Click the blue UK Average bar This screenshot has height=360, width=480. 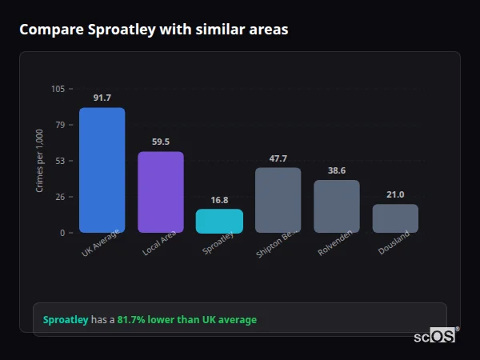tap(102, 170)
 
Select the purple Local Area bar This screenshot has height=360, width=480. tap(160, 192)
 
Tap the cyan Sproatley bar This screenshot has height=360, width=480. tap(219, 221)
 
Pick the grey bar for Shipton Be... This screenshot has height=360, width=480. tap(278, 200)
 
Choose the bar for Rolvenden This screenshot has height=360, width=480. tap(336, 206)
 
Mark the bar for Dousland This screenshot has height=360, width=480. tap(395, 218)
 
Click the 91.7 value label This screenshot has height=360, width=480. tap(102, 98)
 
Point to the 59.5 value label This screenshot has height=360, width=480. tap(160, 142)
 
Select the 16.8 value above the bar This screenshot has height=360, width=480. tap(219, 200)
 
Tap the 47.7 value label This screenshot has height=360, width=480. tap(278, 158)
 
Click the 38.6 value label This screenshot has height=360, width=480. tap(336, 170)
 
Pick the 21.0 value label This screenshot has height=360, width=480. tap(395, 194)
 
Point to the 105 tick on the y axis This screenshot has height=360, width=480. tap(58, 89)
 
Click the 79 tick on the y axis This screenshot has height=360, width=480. tap(60, 125)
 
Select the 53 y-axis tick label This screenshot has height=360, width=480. tap(60, 161)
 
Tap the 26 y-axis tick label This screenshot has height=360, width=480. tap(60, 197)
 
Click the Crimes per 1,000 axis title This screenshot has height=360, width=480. tap(40, 160)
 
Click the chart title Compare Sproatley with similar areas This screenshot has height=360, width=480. tap(154, 30)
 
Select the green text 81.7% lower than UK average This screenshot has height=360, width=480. tap(187, 320)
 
